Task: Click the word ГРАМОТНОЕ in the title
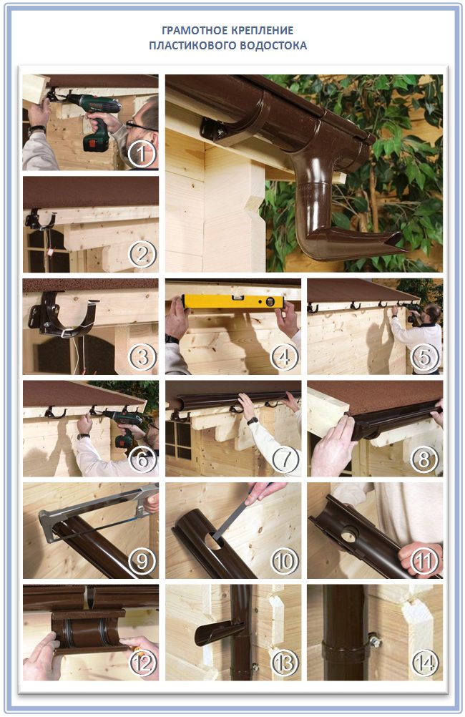[188, 30]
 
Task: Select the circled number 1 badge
[142, 154]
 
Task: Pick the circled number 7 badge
[284, 459]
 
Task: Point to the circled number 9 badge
[142, 560]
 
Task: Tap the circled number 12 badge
[143, 663]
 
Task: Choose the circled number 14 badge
[425, 663]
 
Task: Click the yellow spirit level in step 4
[233, 301]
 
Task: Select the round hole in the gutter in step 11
[350, 534]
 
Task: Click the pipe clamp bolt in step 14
[374, 640]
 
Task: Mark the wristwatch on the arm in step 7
[253, 421]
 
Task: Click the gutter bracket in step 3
[63, 315]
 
